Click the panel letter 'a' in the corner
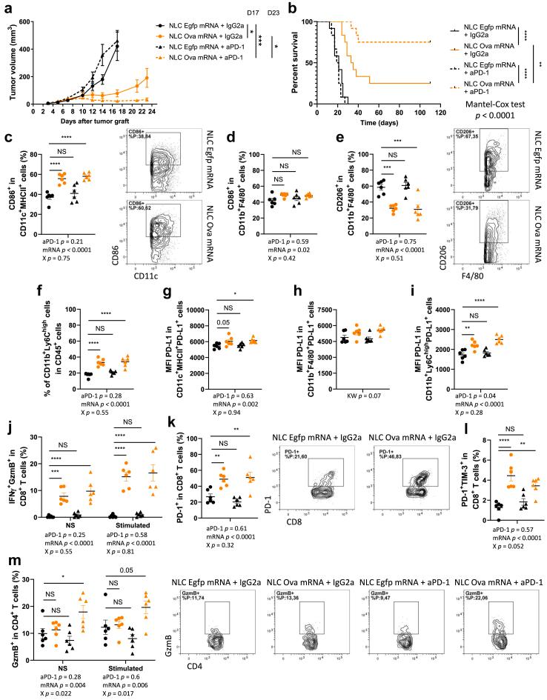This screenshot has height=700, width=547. (5, 7)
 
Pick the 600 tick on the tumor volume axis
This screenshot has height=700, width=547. (24, 21)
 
